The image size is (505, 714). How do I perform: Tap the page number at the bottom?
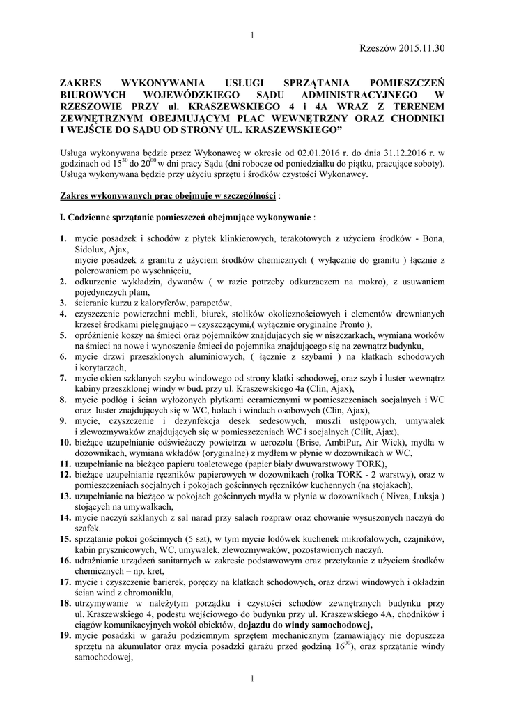(252, 678)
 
